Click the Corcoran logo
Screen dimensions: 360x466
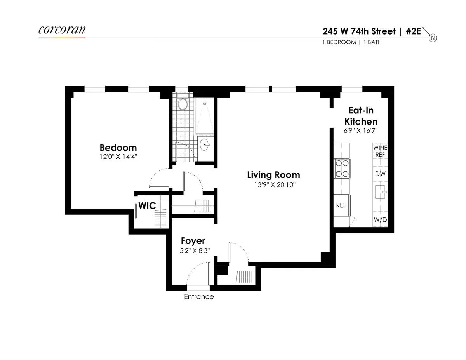coord(62,31)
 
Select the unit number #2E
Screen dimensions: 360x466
coord(413,31)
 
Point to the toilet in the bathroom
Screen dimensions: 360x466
coord(182,104)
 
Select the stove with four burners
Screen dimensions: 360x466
coord(342,169)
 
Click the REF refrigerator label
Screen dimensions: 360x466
coord(341,205)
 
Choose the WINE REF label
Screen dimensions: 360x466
coord(380,151)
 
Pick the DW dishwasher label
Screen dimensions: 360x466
coord(380,174)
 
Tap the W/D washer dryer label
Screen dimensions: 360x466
coord(380,220)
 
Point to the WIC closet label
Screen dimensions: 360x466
coord(147,206)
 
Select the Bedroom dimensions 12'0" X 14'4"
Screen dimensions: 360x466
coord(118,157)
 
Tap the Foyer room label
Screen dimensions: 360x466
coord(193,241)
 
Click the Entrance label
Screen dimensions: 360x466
coord(199,297)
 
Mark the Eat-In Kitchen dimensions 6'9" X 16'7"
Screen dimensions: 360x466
coord(361,131)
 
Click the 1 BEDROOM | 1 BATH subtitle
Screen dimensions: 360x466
coord(352,42)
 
